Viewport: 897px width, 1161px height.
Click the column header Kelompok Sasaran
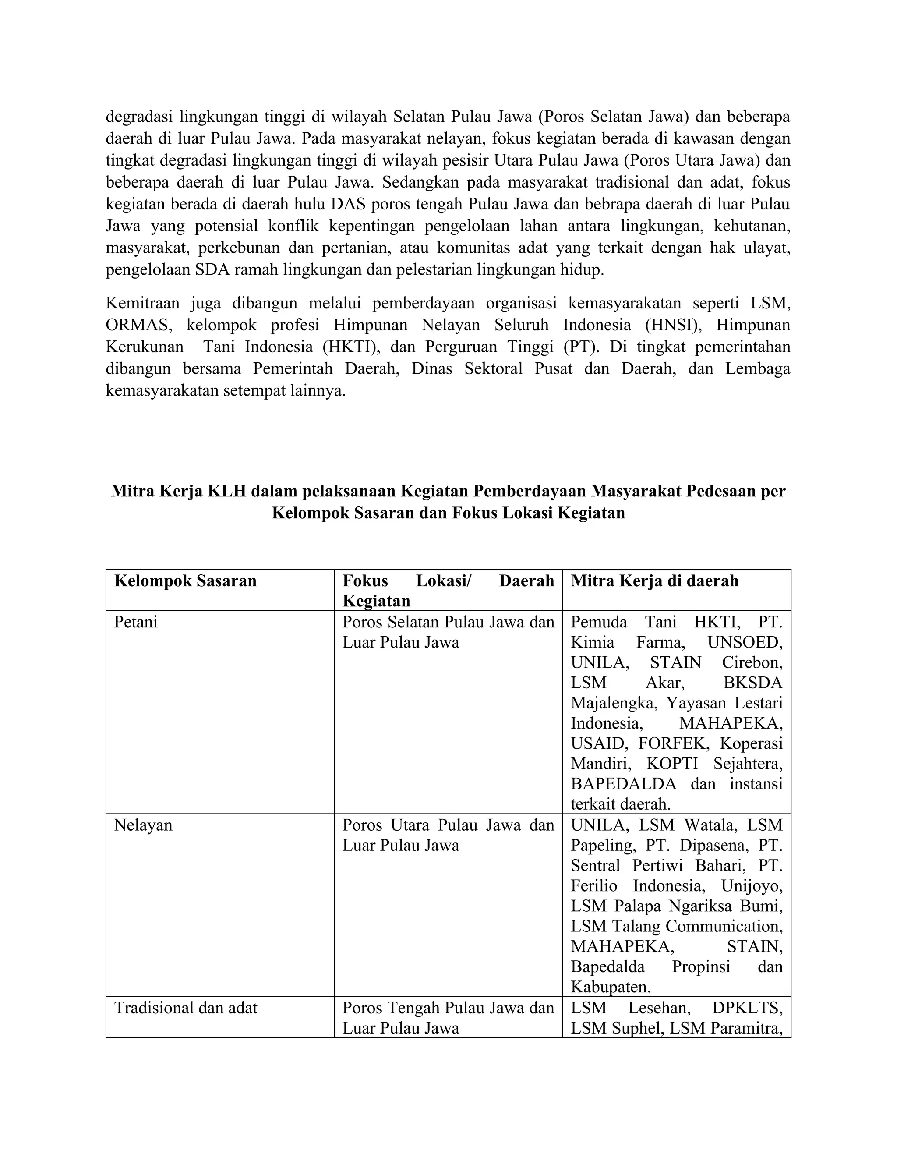[x=185, y=580]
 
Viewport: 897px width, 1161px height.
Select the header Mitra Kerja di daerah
[x=654, y=580]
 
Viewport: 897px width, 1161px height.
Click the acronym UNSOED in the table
[x=745, y=642]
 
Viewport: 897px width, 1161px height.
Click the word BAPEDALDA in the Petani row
[x=623, y=784]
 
